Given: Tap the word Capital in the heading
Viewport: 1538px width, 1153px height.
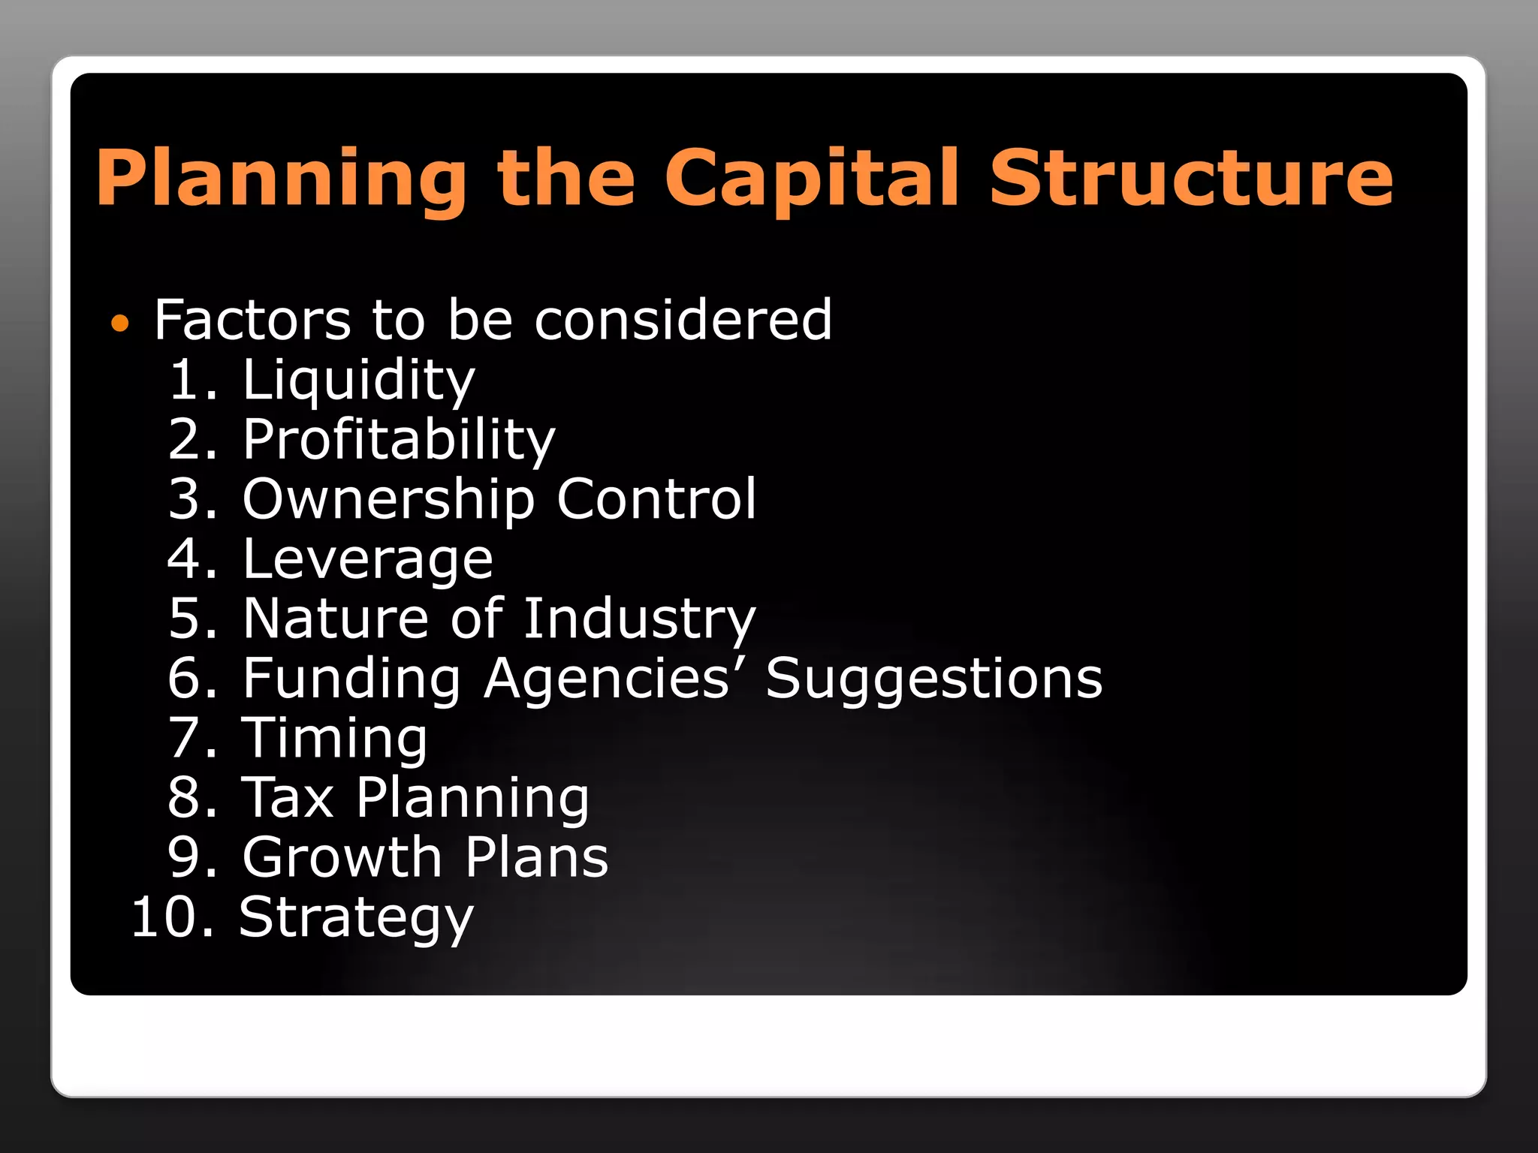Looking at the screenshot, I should [811, 179].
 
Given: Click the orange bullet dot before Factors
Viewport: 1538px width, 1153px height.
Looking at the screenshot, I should [119, 324].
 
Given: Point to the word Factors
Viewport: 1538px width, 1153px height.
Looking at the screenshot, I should [252, 320].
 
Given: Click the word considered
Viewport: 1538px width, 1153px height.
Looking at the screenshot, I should [683, 320].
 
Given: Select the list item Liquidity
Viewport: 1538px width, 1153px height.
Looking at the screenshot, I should [358, 381].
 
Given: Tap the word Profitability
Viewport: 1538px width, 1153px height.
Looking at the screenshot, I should [398, 440].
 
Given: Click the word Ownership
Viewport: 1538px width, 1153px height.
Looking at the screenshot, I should [388, 500].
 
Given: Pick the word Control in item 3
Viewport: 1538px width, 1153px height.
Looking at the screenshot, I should [656, 499].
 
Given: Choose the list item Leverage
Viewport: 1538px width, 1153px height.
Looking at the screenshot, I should [367, 560].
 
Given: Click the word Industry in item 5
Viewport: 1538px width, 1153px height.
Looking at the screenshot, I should [639, 619].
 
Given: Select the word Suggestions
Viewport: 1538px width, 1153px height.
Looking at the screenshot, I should [934, 679].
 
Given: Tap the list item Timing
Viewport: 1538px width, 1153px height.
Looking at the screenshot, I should [334, 739].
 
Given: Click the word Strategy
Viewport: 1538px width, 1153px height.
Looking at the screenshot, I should [356, 918].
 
